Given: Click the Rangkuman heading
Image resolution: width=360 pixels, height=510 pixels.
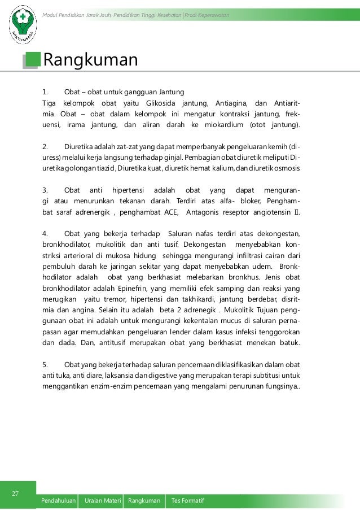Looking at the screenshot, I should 90,59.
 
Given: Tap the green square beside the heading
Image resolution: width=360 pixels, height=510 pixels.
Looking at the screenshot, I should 33,59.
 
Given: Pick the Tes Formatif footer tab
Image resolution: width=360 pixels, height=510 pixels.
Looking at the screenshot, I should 188,502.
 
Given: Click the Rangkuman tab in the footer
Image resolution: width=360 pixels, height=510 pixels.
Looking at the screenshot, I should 144,502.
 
